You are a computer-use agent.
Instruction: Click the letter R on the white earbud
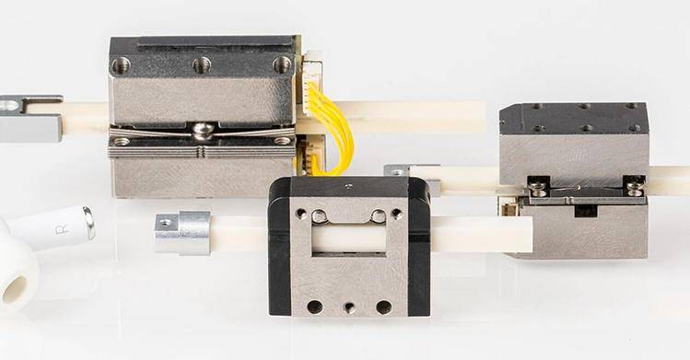tap(62, 229)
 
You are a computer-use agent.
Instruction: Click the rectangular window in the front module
tap(349, 237)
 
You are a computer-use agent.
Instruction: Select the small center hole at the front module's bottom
tap(349, 308)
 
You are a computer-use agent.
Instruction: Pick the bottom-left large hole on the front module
tap(315, 307)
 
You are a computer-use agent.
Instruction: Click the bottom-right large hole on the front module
tap(384, 307)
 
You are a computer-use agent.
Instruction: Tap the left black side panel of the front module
tap(279, 246)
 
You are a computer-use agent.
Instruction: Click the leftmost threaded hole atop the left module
tap(121, 66)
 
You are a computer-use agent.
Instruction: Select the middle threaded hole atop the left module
tap(202, 65)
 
